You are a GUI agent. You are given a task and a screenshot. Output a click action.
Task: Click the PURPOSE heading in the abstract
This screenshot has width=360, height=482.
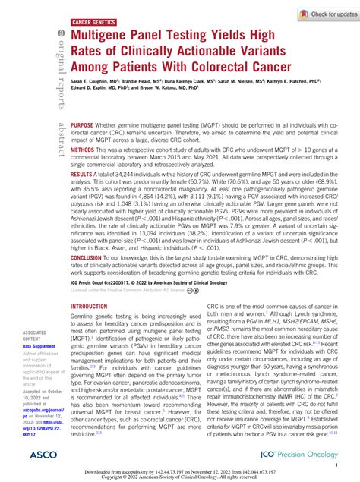tap(84, 124)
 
